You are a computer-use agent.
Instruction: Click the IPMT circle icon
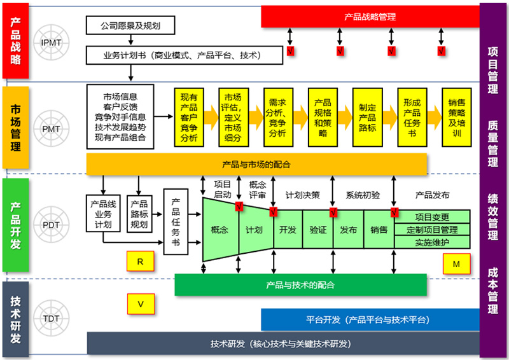tap(52, 43)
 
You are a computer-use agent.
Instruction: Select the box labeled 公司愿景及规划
tap(130, 25)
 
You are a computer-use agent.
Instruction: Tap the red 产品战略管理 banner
tap(370, 17)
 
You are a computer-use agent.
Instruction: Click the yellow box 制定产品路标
tap(368, 117)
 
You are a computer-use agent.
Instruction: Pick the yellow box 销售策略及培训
tap(457, 117)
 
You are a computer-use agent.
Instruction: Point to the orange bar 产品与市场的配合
tap(256, 164)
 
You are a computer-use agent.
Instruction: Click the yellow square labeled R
tap(140, 261)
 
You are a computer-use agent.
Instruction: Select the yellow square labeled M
tap(456, 264)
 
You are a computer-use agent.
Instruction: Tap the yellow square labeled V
tap(141, 304)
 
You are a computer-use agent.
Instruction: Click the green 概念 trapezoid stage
tap(220, 230)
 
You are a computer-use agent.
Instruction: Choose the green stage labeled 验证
tap(317, 230)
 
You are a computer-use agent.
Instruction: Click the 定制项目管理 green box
tap(432, 230)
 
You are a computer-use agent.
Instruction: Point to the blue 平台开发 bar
tap(370, 320)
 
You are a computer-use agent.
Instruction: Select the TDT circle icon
tap(52, 318)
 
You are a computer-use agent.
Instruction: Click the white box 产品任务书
tap(176, 222)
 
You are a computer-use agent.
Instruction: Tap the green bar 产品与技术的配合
tap(300, 285)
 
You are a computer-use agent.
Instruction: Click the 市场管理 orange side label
tap(15, 128)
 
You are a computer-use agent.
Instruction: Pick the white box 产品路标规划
tap(139, 214)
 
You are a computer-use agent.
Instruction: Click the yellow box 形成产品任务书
tap(412, 117)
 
